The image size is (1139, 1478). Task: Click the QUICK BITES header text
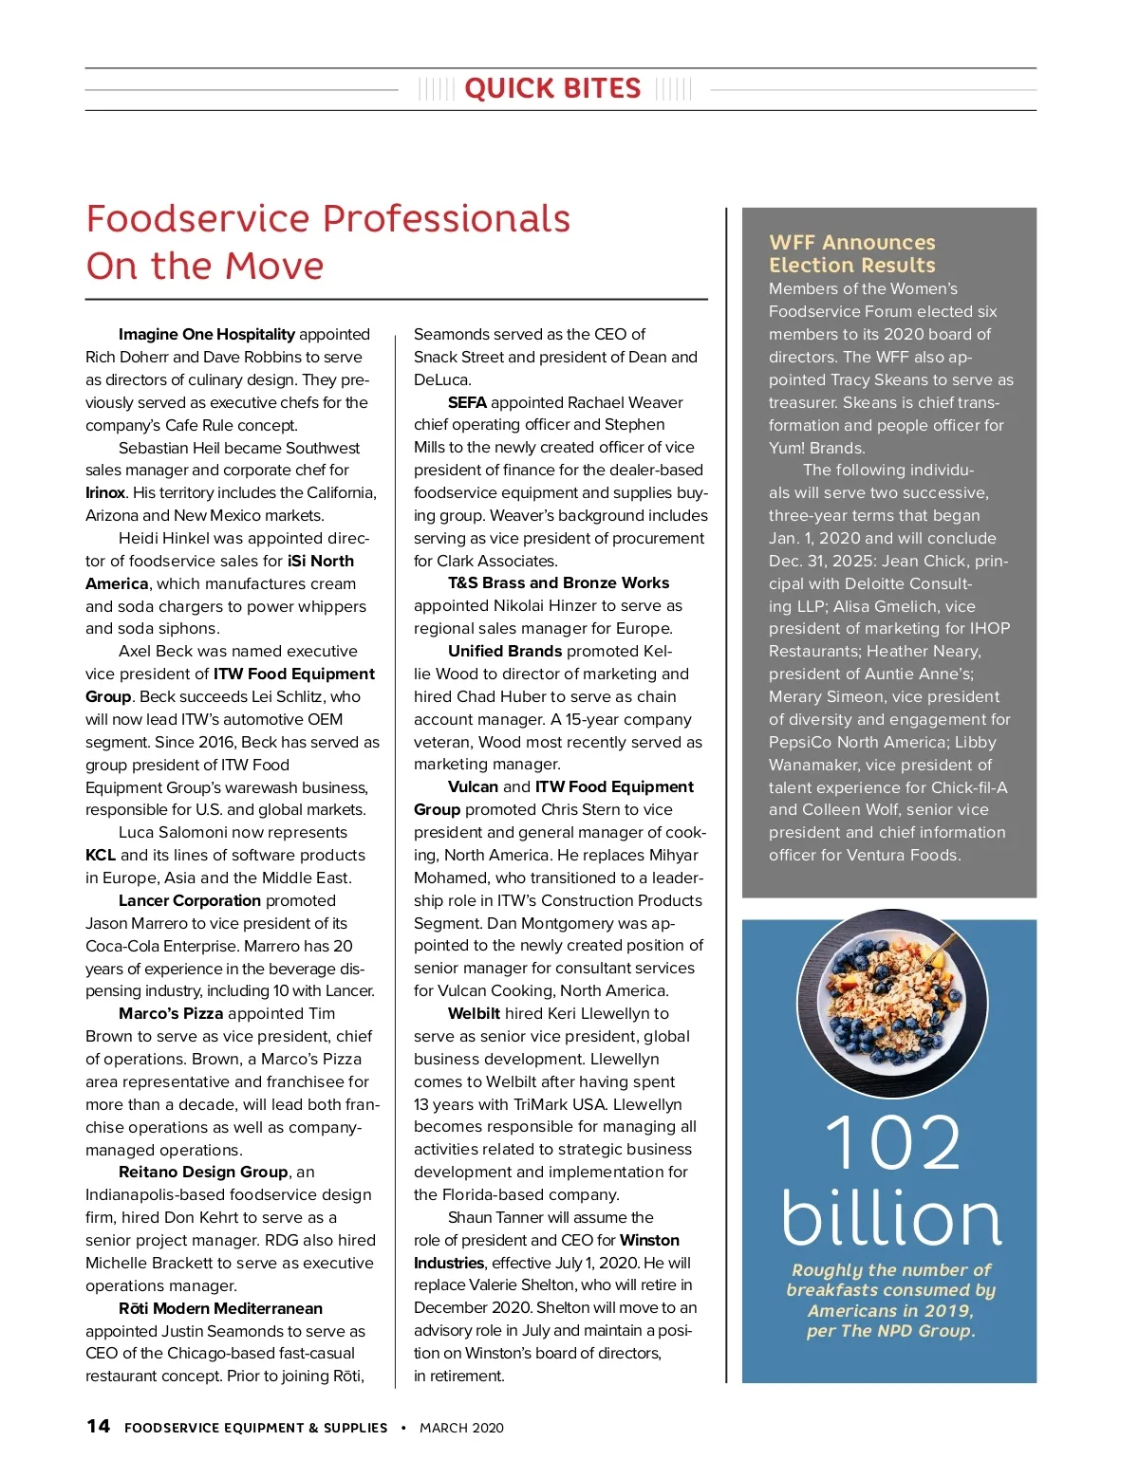tap(552, 89)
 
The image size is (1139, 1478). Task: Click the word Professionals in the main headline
tap(408, 219)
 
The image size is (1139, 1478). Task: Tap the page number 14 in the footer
tap(98, 1426)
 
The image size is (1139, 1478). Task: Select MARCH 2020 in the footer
tap(461, 1428)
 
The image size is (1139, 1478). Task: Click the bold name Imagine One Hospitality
tap(206, 334)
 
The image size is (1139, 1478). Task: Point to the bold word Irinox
tap(105, 492)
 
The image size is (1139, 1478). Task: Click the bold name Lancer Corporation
tap(189, 900)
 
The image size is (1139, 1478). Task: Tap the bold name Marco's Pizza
tap(171, 1013)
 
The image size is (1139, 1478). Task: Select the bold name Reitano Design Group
tap(203, 1172)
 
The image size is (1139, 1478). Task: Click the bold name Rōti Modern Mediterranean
tap(220, 1308)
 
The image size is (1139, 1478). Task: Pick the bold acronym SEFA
tap(467, 402)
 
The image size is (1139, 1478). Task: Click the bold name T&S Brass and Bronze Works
tap(558, 582)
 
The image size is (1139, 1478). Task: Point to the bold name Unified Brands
tap(505, 651)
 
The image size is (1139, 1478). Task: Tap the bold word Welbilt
tap(474, 1013)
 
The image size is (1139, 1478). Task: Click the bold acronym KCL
tap(101, 855)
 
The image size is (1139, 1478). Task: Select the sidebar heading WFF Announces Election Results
tap(851, 253)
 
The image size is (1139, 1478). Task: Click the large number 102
tap(891, 1144)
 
